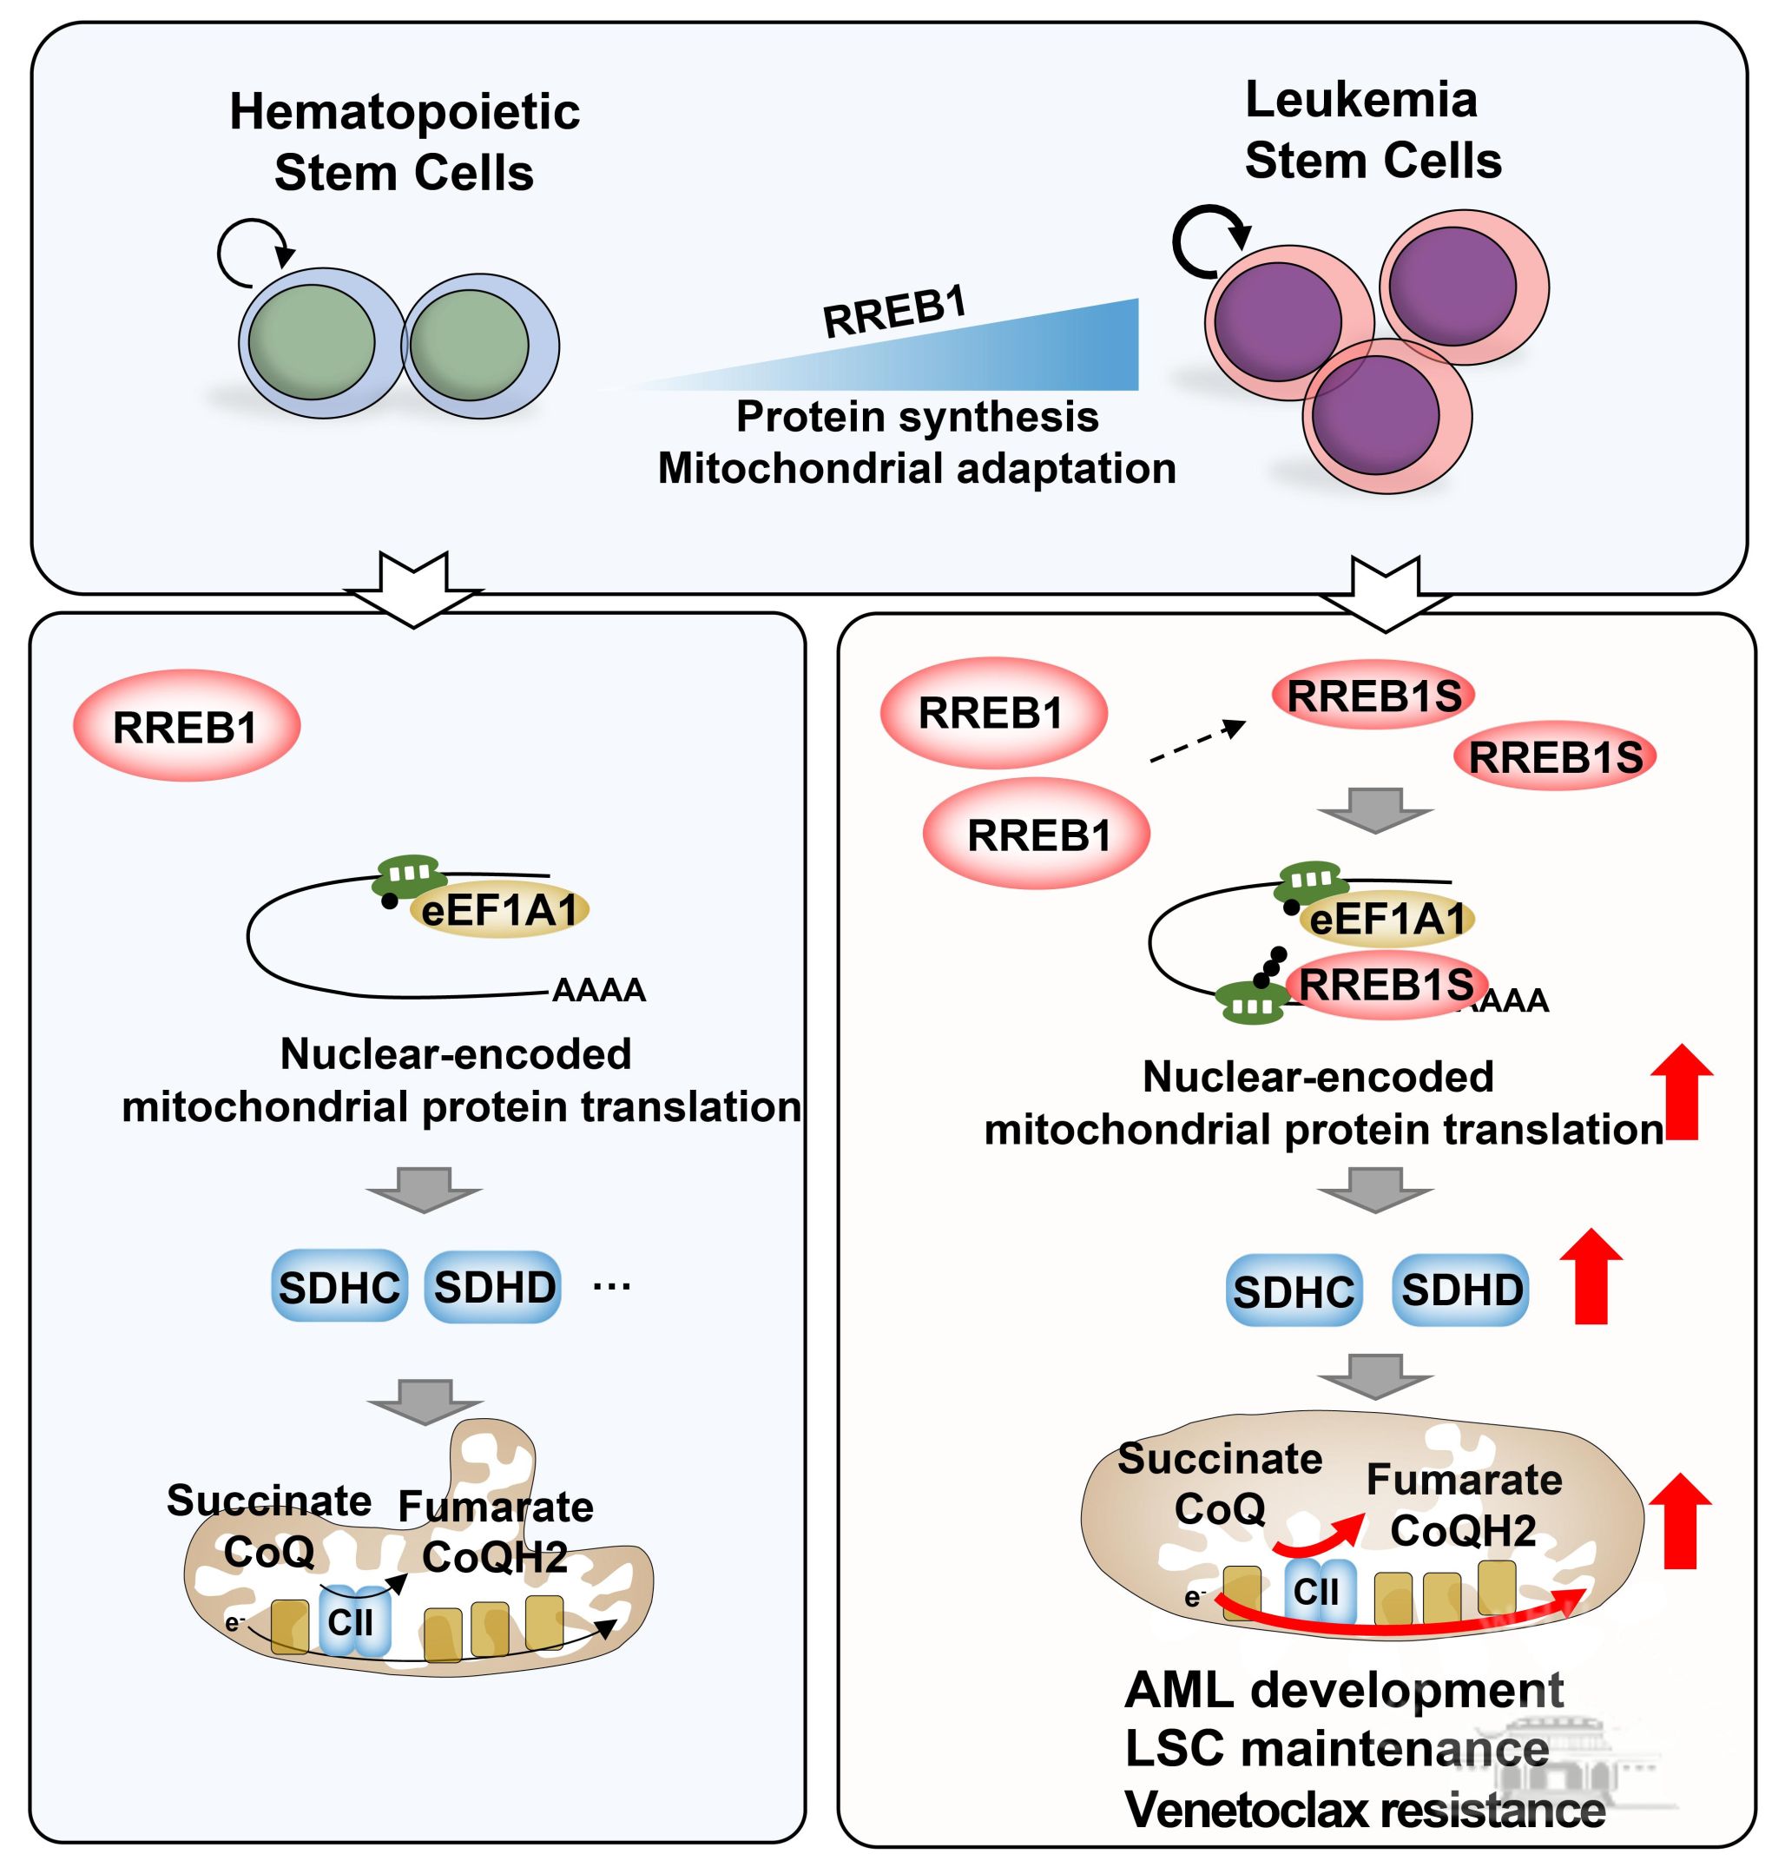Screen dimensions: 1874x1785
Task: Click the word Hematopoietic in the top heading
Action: (x=405, y=112)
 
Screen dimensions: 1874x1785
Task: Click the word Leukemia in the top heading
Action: (x=1360, y=100)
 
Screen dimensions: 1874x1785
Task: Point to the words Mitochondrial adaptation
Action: (x=916, y=468)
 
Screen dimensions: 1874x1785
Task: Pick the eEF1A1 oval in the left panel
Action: (x=499, y=911)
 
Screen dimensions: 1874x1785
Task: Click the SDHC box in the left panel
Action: (x=339, y=1288)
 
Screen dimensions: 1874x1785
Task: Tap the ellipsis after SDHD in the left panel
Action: (x=611, y=1288)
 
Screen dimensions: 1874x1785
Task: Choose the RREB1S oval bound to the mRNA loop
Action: (x=1386, y=986)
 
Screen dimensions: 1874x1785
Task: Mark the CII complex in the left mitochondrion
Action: (x=352, y=1622)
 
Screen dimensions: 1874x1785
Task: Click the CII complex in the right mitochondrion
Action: (x=1317, y=1591)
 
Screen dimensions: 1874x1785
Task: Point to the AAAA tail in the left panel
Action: (x=598, y=991)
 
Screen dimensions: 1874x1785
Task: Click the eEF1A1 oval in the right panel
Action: (x=1388, y=920)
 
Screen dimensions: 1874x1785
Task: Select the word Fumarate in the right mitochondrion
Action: (x=1464, y=1480)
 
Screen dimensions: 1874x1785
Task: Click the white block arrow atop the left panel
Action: (x=414, y=588)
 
